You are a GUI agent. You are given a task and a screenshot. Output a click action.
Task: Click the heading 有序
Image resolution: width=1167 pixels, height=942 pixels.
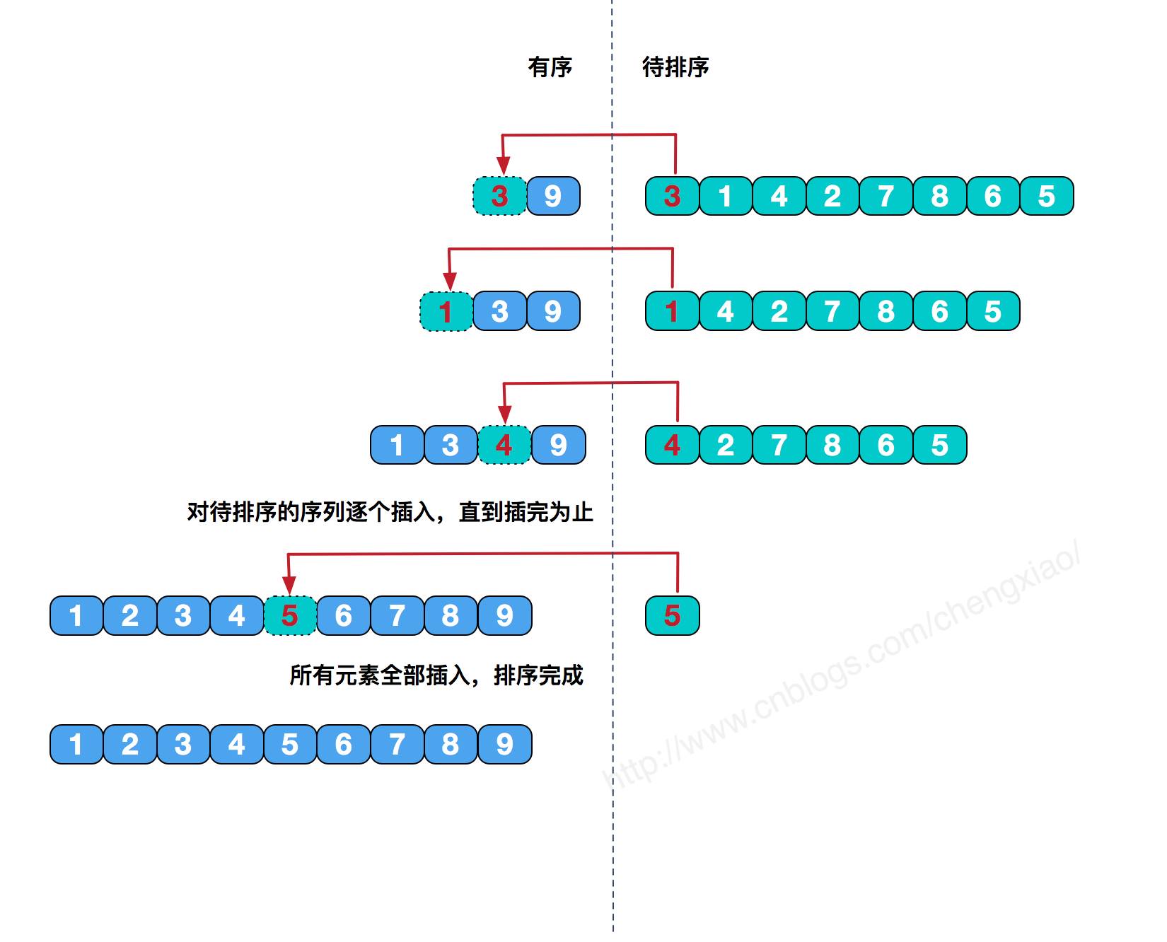pos(550,67)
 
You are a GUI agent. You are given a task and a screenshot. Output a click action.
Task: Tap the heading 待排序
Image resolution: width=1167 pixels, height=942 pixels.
pos(675,67)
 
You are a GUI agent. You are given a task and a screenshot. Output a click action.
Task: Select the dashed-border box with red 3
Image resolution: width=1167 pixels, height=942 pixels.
pos(499,196)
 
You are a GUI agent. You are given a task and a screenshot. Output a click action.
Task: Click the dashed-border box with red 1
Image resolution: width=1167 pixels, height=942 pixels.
pos(446,311)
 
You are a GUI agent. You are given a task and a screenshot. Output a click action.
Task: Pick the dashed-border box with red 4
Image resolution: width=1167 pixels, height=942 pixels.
pos(504,445)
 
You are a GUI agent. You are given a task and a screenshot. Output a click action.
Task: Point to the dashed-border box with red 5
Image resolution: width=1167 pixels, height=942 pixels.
pos(289,615)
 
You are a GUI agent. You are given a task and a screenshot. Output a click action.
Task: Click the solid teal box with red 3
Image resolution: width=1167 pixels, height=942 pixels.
pos(672,196)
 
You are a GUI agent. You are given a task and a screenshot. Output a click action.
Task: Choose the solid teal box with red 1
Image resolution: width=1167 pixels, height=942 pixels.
pos(672,311)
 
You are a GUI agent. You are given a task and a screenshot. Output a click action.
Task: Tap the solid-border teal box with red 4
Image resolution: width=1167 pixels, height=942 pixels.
pos(672,445)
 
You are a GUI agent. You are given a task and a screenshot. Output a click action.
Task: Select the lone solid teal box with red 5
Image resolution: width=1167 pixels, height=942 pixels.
pos(672,615)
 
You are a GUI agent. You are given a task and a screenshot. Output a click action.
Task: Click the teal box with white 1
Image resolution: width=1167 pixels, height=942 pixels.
pos(725,196)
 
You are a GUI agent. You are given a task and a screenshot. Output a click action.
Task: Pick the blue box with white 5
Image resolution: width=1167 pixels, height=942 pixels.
pos(289,744)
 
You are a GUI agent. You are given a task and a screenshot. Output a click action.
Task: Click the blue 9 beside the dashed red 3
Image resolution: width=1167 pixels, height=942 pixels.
pos(553,196)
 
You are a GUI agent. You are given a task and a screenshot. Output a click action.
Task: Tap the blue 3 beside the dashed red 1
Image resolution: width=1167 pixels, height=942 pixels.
pos(499,311)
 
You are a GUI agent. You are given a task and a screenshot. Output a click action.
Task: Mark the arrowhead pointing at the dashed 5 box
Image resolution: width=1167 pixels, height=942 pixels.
pos(289,585)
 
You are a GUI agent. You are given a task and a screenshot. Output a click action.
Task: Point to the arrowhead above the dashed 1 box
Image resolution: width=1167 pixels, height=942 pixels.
pos(449,281)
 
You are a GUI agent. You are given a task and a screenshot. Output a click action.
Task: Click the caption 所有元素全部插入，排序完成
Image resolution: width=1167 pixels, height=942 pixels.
pos(436,675)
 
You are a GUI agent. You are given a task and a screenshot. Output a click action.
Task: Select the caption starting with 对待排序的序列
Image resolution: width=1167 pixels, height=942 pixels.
pos(390,511)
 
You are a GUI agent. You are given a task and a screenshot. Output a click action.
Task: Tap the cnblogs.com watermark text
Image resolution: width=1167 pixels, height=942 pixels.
pos(842,665)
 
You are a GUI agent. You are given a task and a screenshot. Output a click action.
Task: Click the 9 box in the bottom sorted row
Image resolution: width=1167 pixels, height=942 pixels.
pos(504,744)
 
